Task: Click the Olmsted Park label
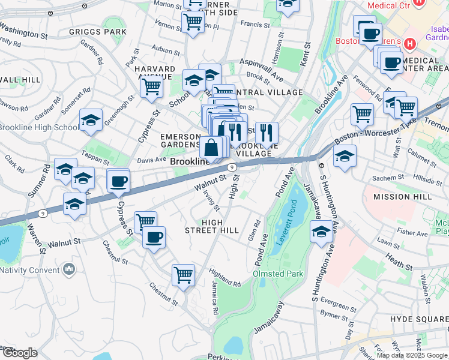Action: (278, 274)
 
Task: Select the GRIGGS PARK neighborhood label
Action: (106, 31)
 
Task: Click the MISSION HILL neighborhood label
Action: (402, 197)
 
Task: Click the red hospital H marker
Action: (410, 44)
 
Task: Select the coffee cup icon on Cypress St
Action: (118, 181)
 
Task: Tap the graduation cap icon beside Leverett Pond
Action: (321, 232)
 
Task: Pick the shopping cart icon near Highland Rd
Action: (183, 275)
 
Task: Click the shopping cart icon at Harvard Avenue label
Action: (151, 86)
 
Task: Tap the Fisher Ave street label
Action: (412, 232)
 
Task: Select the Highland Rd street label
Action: (224, 277)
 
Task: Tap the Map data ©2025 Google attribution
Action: (411, 355)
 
